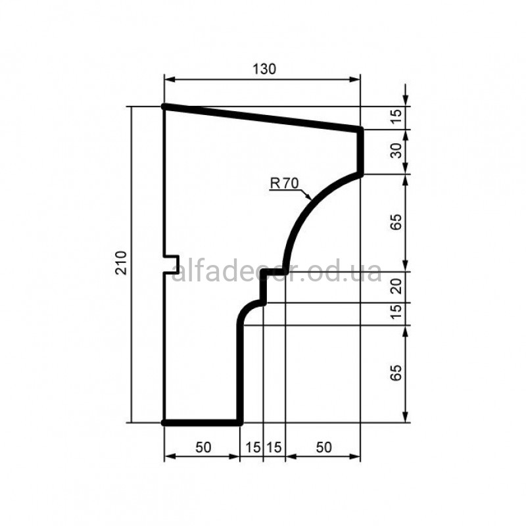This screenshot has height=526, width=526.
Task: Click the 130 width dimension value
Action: click(x=264, y=69)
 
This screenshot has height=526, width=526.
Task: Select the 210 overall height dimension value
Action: click(x=121, y=263)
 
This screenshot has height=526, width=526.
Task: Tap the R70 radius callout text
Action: click(x=285, y=183)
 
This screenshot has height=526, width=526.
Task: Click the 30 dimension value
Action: click(x=396, y=151)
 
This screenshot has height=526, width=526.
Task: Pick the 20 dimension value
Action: click(x=396, y=286)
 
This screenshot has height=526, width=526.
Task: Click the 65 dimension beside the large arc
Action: click(x=396, y=222)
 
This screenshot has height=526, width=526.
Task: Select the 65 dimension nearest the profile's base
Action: click(x=396, y=372)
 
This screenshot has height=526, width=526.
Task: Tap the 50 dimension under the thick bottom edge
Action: click(x=203, y=447)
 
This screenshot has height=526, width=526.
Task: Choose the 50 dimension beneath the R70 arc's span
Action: click(x=323, y=447)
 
